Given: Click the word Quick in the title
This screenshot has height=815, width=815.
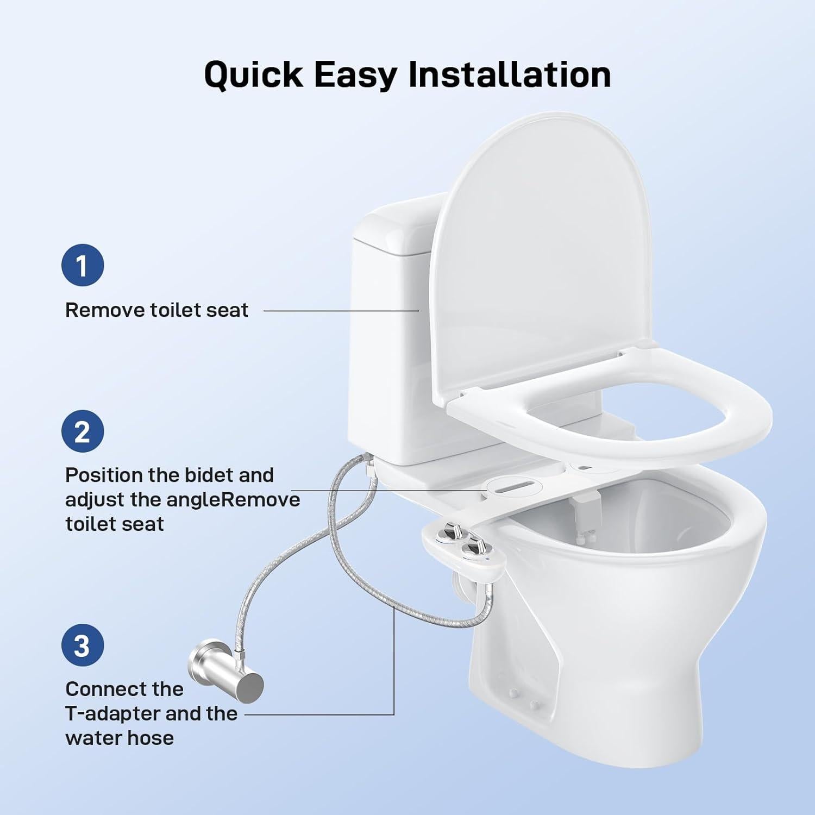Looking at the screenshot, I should click(x=253, y=74).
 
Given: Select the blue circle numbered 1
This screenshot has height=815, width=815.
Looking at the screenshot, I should click(x=82, y=266).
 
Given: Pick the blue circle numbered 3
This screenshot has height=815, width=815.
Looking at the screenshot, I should click(x=82, y=646).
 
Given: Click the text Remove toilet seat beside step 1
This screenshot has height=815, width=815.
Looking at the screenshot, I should click(x=156, y=310).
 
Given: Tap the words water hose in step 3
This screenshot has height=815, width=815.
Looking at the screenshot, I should click(x=120, y=738).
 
